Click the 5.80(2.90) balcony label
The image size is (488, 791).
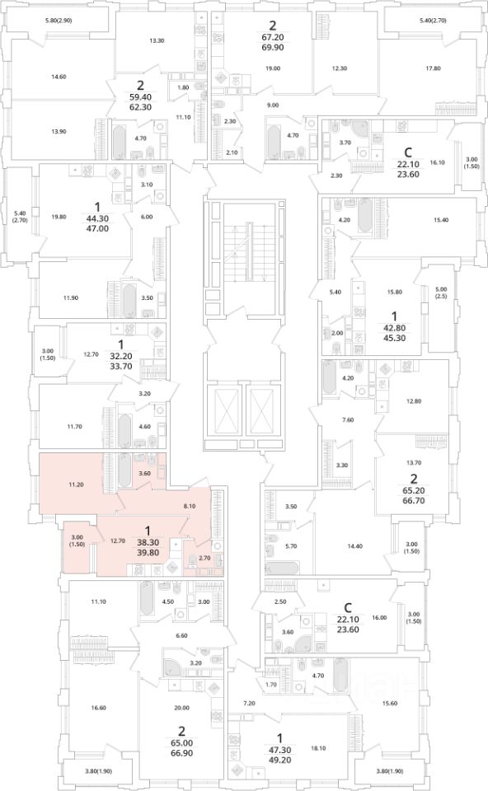pyautogui.click(x=62, y=20)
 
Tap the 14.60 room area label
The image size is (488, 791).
pyautogui.click(x=59, y=77)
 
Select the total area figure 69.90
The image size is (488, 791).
pyautogui.click(x=273, y=48)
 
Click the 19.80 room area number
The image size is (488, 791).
pyautogui.click(x=59, y=218)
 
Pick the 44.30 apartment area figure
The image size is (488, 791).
pyautogui.click(x=97, y=218)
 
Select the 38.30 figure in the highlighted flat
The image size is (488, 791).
pyautogui.click(x=148, y=542)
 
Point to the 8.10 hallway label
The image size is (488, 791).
pyautogui.click(x=190, y=505)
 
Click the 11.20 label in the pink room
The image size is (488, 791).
pyautogui.click(x=76, y=484)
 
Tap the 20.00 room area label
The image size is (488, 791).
pyautogui.click(x=181, y=708)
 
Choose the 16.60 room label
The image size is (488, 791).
pyautogui.click(x=99, y=708)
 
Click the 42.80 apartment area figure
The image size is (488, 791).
pyautogui.click(x=395, y=327)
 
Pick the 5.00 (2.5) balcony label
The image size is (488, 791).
pyautogui.click(x=440, y=293)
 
